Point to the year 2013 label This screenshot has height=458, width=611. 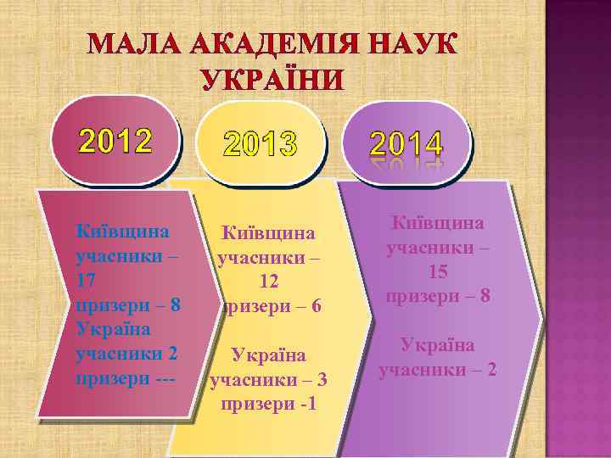[261, 147]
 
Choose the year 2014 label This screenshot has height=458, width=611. [405, 142]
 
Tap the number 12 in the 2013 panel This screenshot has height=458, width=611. [268, 281]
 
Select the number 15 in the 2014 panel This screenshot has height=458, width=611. [438, 272]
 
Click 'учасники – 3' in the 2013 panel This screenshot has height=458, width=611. [268, 379]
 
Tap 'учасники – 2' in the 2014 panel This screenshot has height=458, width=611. [438, 370]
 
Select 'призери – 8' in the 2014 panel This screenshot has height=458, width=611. [438, 297]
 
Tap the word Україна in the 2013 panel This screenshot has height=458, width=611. [268, 355]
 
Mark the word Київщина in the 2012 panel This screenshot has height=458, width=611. [123, 230]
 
